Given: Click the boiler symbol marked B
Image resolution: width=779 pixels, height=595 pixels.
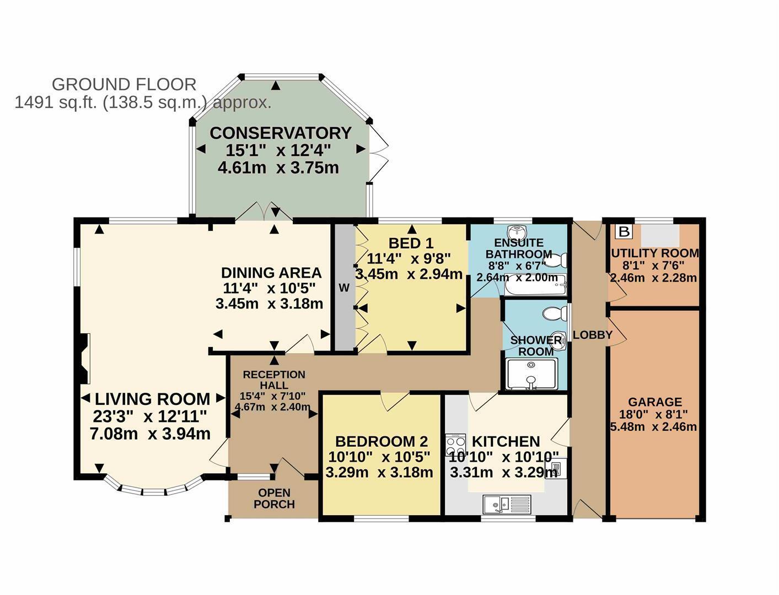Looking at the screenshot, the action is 624,231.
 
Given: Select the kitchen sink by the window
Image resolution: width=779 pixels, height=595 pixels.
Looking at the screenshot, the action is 507,504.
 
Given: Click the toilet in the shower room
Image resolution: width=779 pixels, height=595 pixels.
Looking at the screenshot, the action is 555,313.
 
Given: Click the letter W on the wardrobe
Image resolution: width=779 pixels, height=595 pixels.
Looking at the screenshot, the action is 344,288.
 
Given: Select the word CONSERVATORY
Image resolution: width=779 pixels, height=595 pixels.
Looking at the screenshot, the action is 281,133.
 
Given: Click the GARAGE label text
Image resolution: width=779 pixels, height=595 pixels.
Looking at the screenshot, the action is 655,402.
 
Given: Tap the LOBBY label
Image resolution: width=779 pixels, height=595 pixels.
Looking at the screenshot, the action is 593,335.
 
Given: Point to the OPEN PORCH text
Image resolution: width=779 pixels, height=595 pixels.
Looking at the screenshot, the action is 275,498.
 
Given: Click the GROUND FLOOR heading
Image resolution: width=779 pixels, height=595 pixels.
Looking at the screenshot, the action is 124,84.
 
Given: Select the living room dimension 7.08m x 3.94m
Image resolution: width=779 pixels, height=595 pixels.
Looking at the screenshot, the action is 150,434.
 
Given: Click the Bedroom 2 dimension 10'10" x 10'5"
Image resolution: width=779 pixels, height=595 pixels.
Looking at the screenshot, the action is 379,457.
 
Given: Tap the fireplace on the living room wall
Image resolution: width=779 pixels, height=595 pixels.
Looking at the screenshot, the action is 83,358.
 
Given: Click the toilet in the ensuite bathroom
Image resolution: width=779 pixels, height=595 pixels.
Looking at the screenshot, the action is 555,260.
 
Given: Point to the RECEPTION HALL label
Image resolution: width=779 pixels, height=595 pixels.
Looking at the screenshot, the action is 274,380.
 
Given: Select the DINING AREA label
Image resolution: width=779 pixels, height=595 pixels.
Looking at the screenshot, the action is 271,273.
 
